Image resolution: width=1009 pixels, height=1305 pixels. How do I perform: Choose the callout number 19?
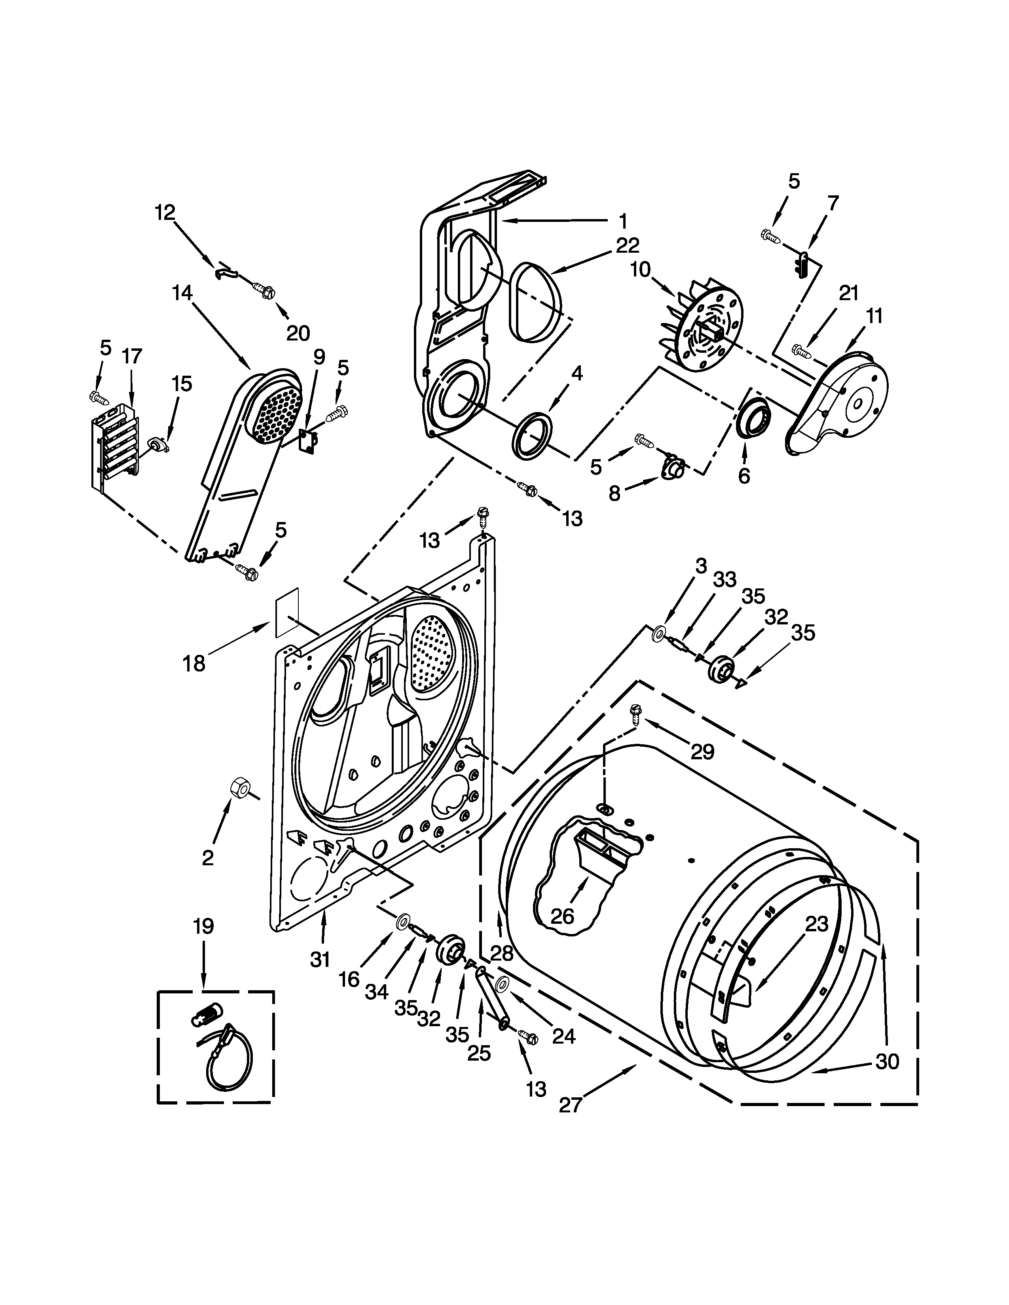203,927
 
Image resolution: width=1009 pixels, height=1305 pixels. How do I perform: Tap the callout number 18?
194,663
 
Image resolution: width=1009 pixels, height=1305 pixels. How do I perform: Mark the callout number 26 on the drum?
562,916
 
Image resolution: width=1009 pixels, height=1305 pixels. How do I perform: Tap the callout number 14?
182,293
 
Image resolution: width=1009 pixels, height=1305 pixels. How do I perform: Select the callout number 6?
743,476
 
